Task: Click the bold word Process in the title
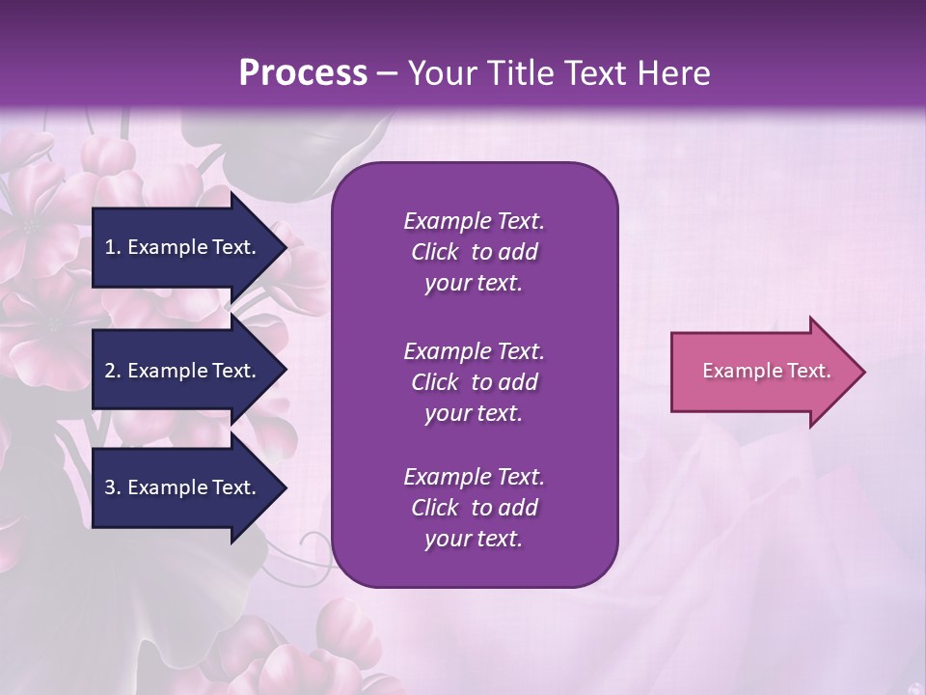coord(303,72)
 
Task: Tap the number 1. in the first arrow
coord(113,247)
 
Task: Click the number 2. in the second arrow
coord(113,371)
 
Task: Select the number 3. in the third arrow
coord(113,487)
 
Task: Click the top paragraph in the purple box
coord(474,252)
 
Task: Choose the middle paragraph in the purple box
coord(474,381)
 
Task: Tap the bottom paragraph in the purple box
coord(474,508)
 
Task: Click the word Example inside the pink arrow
coord(737,371)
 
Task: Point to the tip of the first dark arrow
coord(286,247)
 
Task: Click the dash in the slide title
coord(387,73)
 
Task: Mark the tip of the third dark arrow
coord(286,487)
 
